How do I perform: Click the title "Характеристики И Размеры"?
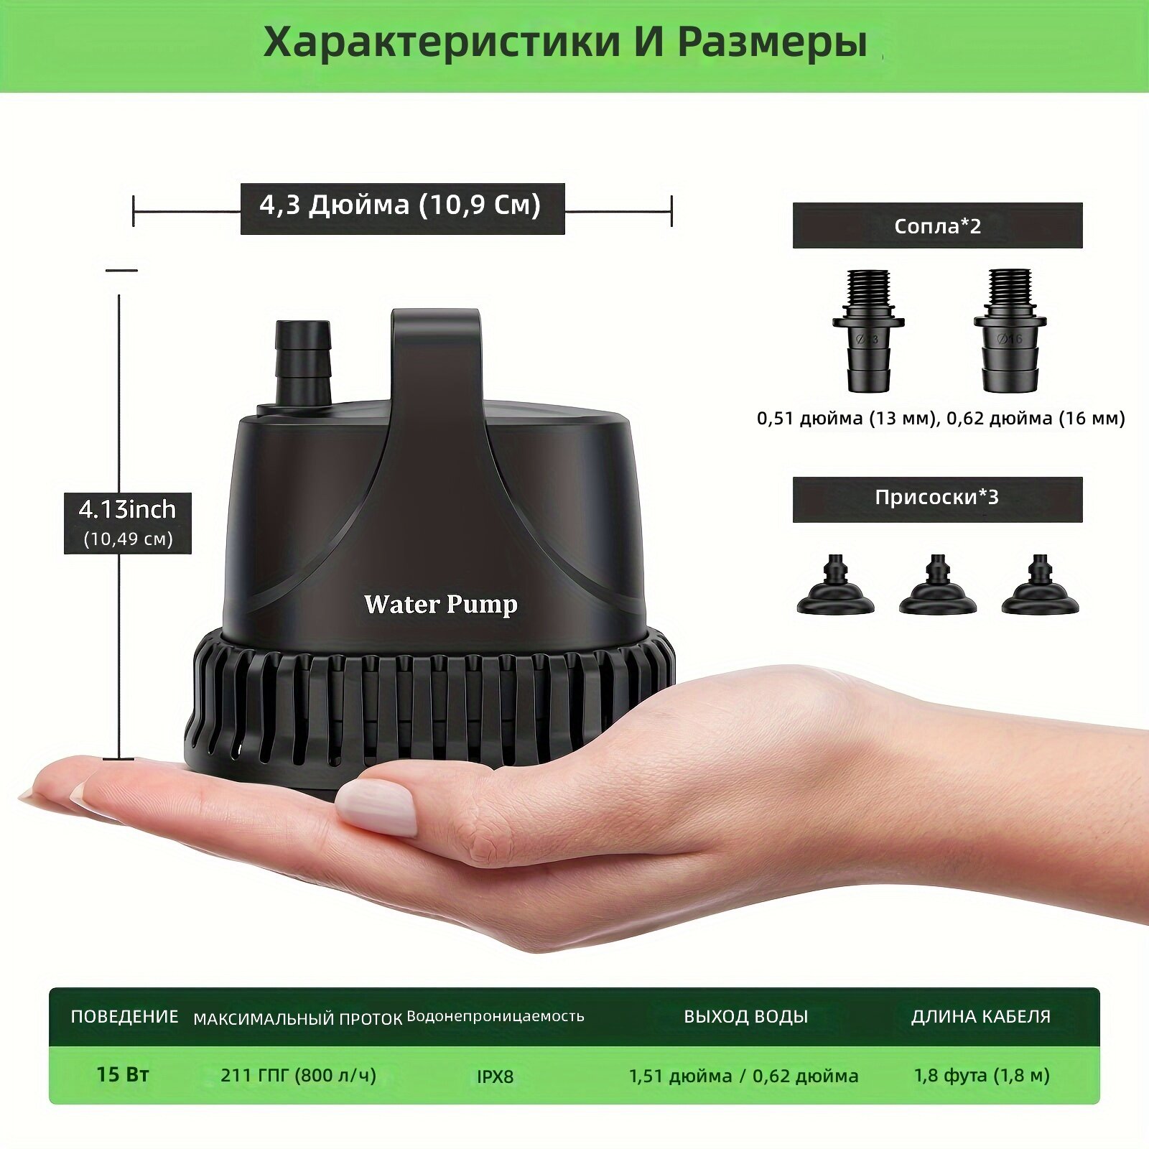[x=565, y=42]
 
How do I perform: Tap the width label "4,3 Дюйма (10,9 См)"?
[x=400, y=205]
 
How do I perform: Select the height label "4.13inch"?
[x=128, y=509]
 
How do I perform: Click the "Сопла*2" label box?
[x=937, y=225]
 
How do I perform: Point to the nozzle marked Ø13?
[x=868, y=331]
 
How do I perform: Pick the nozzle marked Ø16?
[x=1010, y=331]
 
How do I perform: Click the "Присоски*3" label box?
[x=937, y=498]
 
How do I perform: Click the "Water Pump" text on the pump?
[x=440, y=605]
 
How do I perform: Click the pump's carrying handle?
[x=435, y=373]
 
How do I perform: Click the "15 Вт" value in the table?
[x=123, y=1074]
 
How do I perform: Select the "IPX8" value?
[x=496, y=1076]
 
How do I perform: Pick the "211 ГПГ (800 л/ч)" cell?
[x=298, y=1075]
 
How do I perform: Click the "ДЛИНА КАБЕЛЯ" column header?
[x=981, y=1016]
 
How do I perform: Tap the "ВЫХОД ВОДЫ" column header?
[x=745, y=1016]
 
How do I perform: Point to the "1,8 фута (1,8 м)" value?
[x=982, y=1075]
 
